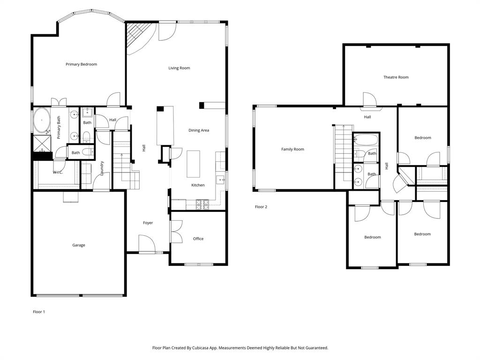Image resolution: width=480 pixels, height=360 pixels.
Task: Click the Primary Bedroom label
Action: click(81, 64)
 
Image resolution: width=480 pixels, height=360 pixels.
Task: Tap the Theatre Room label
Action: click(396, 77)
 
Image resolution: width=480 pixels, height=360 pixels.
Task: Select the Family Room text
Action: click(292, 150)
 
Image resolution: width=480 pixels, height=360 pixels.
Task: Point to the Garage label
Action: click(79, 245)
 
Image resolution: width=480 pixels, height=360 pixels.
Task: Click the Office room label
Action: click(198, 239)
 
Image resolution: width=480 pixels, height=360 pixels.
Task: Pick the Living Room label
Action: click(179, 68)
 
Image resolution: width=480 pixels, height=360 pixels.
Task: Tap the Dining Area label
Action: click(199, 130)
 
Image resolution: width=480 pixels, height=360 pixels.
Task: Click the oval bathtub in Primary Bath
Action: click(42, 120)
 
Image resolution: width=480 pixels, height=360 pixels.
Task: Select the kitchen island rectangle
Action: click(194, 164)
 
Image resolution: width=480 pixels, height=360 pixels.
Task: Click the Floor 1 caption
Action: click(39, 312)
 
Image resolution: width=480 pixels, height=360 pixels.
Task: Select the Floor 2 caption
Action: click(261, 207)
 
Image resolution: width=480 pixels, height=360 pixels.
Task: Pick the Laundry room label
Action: click(102, 169)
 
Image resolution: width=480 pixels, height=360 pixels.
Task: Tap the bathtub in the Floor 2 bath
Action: click(366, 139)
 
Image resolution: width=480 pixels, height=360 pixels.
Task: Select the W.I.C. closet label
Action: click(58, 172)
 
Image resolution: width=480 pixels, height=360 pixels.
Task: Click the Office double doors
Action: click(176, 232)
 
